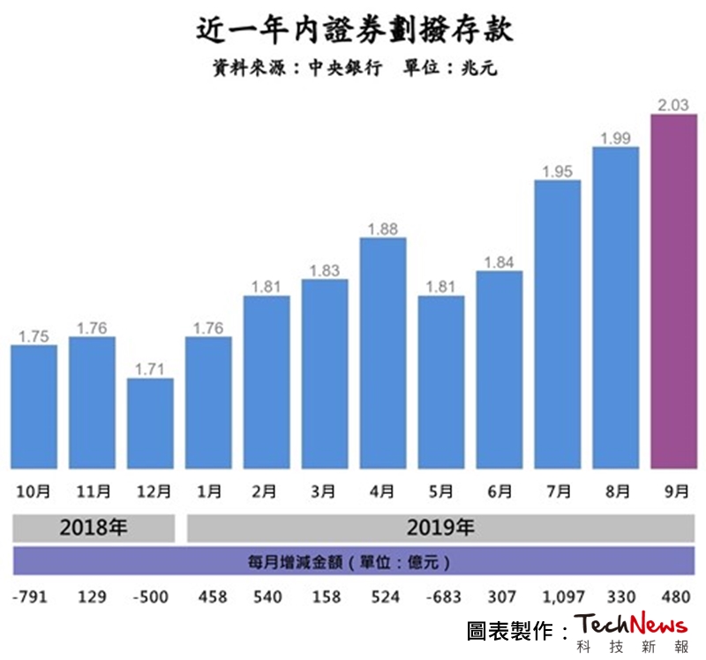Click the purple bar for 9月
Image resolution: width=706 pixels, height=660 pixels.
(673, 292)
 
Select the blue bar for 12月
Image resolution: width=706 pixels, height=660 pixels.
(150, 424)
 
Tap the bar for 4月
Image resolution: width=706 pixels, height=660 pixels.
(383, 354)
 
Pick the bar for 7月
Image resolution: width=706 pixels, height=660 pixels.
(558, 325)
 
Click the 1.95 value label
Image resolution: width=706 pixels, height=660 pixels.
(558, 172)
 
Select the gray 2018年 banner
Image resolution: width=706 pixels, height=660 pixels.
(94, 529)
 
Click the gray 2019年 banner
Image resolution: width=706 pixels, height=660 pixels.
(441, 529)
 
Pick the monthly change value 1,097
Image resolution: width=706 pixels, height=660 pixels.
(558, 597)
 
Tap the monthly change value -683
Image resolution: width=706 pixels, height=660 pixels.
(441, 597)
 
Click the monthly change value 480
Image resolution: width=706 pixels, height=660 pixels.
(673, 597)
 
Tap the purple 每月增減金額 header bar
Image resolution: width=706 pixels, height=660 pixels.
(353, 561)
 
